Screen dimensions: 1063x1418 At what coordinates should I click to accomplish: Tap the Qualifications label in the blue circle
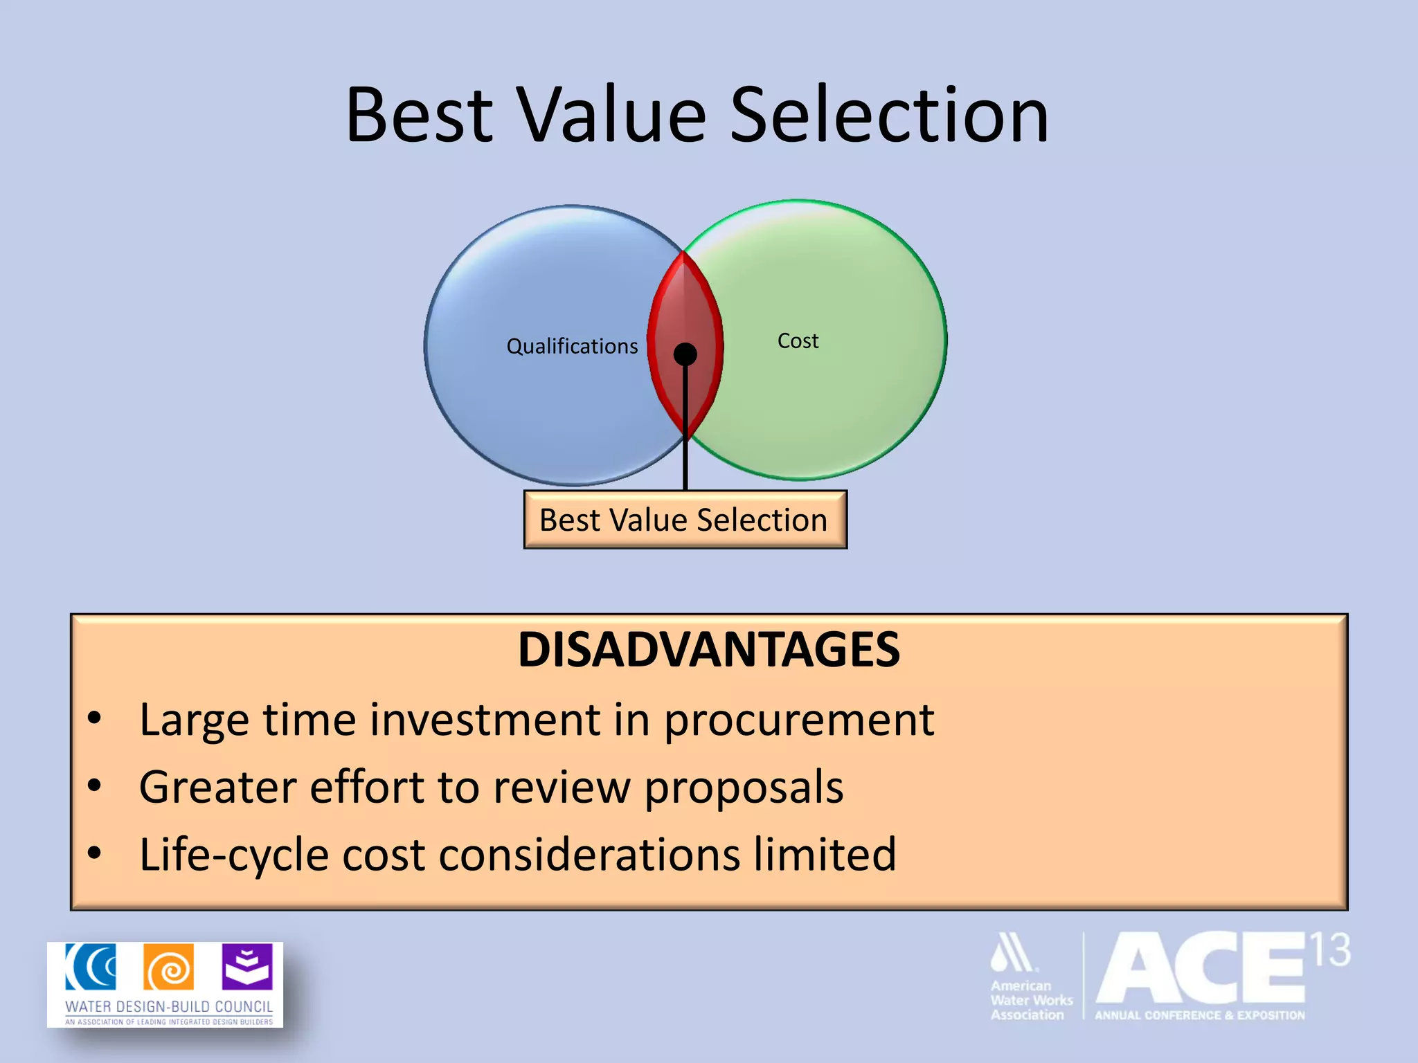572,346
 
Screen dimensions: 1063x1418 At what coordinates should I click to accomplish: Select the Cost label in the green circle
798,340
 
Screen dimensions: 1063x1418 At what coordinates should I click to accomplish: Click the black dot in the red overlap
685,354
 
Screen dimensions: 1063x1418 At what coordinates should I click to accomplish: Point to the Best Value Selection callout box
685,520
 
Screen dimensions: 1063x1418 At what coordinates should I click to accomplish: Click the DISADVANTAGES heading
708,650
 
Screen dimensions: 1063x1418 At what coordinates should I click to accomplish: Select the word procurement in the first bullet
799,720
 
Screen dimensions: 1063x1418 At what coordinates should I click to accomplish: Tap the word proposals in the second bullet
744,787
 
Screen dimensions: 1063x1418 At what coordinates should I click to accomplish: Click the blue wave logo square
91,967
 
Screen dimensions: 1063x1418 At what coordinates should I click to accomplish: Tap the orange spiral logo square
168,967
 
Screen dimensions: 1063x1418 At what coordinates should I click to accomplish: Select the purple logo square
247,967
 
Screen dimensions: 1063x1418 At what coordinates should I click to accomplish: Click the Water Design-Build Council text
168,1006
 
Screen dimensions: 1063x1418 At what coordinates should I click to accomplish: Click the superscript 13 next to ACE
1329,950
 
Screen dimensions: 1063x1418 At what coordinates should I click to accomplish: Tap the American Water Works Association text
1030,1000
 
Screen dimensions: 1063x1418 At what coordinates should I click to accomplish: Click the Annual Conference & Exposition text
1199,1015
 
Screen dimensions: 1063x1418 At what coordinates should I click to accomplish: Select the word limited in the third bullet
825,854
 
